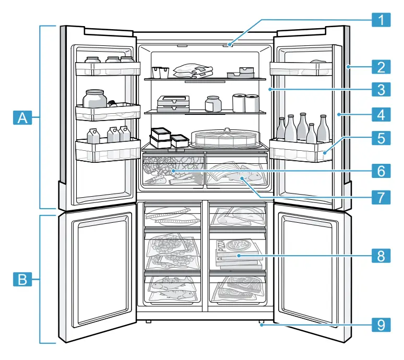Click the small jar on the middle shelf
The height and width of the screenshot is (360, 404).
212,103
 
